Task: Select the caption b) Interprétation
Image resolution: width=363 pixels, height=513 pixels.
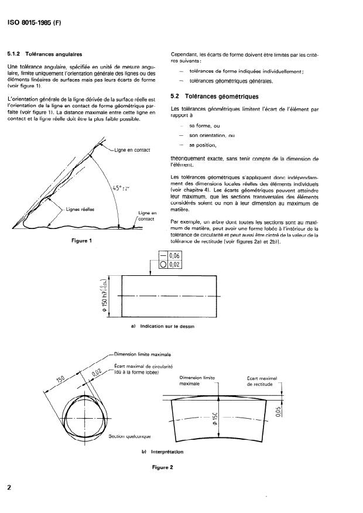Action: coord(162,452)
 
